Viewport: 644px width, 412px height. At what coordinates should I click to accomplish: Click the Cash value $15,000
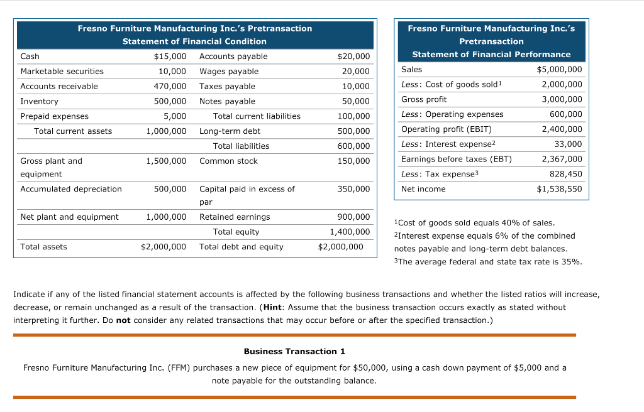(x=170, y=57)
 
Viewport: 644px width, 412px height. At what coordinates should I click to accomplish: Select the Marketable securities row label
(x=62, y=72)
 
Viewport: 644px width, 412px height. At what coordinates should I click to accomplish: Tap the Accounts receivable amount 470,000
(x=170, y=87)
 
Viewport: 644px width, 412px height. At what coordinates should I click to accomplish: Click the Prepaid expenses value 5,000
(x=175, y=116)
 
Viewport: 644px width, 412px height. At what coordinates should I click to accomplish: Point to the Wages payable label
(x=228, y=72)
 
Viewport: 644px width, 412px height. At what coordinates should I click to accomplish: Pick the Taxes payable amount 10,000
(x=356, y=87)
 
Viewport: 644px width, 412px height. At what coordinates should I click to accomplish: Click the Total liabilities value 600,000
(x=353, y=146)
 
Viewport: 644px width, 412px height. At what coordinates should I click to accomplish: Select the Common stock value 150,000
(x=353, y=161)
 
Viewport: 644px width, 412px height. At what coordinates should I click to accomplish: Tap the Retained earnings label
(x=235, y=217)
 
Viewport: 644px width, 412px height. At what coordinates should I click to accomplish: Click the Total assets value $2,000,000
(x=164, y=247)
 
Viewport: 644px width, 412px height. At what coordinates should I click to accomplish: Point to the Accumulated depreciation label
(x=71, y=189)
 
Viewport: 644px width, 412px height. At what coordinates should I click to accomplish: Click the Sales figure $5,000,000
(x=559, y=70)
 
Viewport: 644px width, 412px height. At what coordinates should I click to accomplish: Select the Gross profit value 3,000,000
(x=562, y=99)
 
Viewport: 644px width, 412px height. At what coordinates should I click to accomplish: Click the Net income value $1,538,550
(x=559, y=189)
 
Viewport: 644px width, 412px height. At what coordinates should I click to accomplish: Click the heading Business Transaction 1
(x=294, y=351)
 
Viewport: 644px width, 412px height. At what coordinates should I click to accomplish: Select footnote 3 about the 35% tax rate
(x=487, y=262)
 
